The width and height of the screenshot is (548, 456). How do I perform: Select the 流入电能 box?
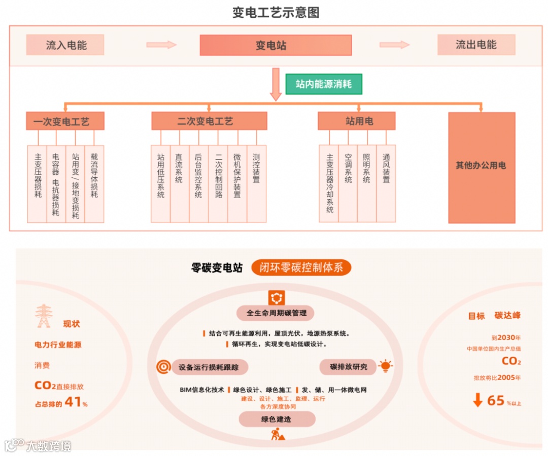click(65, 45)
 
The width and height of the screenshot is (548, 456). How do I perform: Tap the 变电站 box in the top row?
click(276, 45)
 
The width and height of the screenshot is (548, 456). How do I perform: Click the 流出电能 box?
click(476, 45)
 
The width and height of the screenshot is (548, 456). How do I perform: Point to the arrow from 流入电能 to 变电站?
click(161, 45)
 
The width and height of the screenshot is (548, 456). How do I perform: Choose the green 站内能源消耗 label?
click(324, 84)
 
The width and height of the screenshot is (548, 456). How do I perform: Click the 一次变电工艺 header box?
click(65, 122)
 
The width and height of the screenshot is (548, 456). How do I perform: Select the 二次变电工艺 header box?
click(209, 122)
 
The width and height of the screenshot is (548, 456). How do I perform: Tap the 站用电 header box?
click(356, 121)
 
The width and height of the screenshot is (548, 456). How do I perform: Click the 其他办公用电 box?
click(481, 168)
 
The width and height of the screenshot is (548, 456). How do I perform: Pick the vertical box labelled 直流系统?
click(180, 183)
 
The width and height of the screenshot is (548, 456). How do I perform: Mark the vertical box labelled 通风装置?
click(386, 183)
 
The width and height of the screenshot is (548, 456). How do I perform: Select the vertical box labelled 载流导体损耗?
click(94, 183)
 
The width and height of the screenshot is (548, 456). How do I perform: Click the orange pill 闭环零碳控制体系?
click(301, 268)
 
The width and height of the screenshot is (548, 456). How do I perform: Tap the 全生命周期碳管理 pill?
click(277, 313)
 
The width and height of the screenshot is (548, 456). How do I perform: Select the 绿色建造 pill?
click(277, 419)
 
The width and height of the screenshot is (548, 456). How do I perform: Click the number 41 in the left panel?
click(74, 403)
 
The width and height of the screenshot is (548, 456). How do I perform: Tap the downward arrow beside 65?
click(477, 400)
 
